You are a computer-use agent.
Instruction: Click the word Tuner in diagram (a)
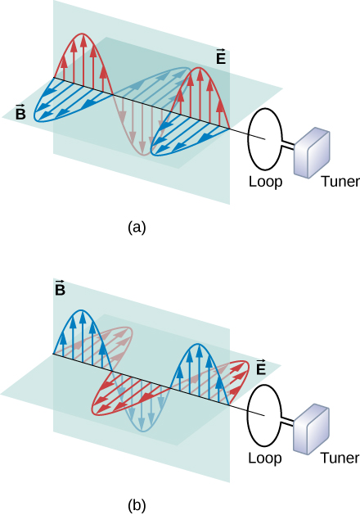coord(340,182)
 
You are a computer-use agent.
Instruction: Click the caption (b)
coord(137,503)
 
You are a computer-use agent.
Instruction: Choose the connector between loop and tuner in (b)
coord(289,422)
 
